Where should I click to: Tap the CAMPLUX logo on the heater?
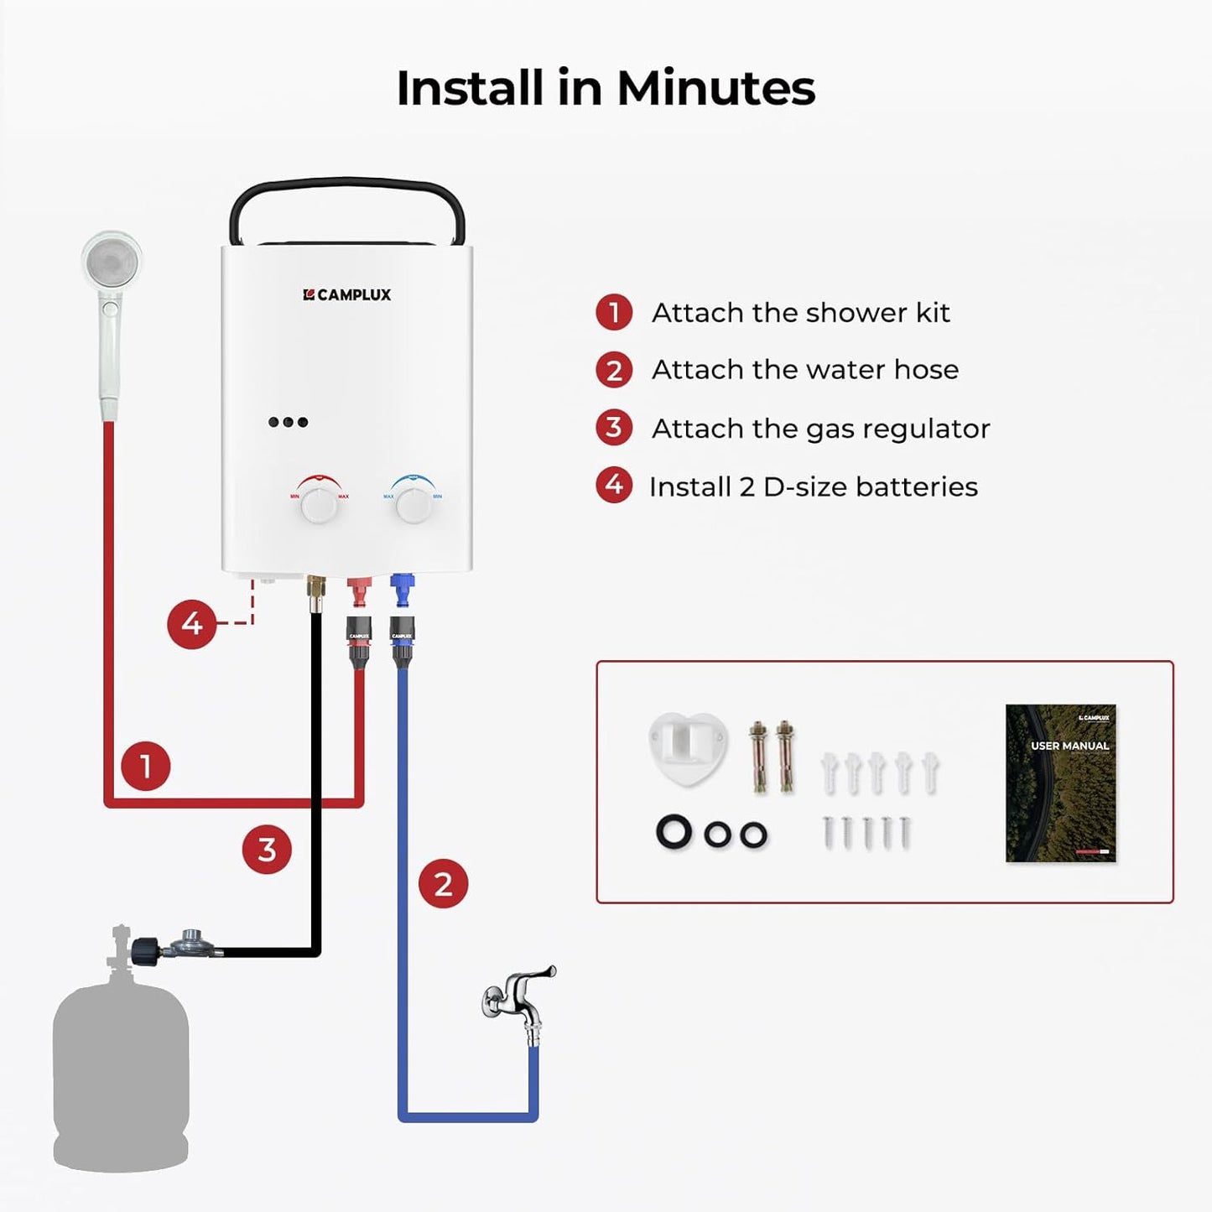click(x=346, y=294)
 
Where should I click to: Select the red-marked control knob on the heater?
click(x=319, y=505)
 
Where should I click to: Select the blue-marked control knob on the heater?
click(x=413, y=505)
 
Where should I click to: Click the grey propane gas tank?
click(x=121, y=1074)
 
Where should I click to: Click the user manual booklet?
click(x=1060, y=783)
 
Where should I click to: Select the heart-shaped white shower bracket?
click(x=688, y=746)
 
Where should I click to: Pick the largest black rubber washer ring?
click(x=674, y=831)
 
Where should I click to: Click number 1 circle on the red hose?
click(x=145, y=766)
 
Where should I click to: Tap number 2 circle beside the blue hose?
click(x=443, y=883)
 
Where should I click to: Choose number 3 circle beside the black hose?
click(x=267, y=849)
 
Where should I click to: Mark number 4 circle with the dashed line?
click(x=191, y=623)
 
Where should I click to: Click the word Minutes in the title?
click(x=715, y=88)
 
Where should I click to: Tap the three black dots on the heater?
click(x=288, y=422)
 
